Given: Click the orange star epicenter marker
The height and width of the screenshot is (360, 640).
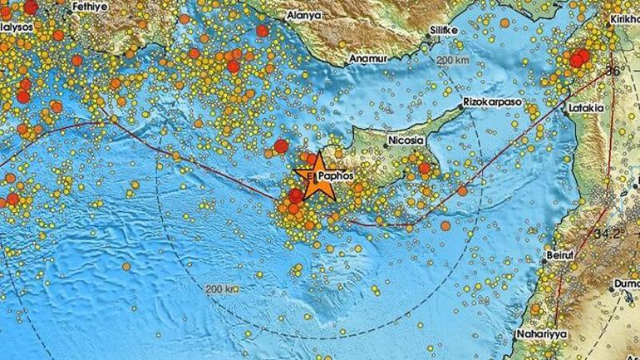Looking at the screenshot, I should [315, 179].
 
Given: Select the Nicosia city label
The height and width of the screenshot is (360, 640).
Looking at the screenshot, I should [404, 142].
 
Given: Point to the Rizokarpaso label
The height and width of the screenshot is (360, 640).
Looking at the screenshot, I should [490, 104].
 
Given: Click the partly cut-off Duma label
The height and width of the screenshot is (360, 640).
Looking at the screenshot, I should [628, 284].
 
